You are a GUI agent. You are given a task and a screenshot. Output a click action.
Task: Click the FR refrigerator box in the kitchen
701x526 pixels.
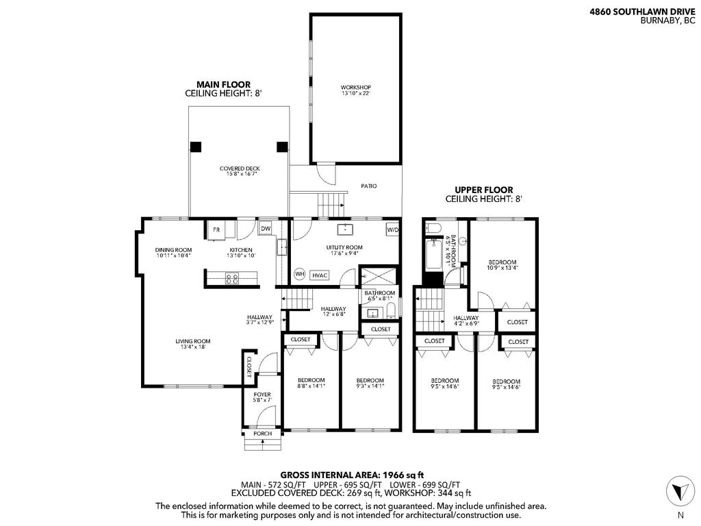pos(216,229)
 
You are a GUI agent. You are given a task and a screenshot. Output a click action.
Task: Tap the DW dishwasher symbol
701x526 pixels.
pos(265,229)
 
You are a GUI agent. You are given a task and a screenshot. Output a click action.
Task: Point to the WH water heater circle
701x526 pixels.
pos(299,274)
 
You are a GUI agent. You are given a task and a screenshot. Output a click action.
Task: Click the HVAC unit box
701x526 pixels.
pos(320,275)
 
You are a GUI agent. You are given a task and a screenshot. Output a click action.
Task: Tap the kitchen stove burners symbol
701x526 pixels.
pos(232,278)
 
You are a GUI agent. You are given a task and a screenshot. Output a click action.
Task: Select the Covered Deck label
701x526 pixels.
pos(239,171)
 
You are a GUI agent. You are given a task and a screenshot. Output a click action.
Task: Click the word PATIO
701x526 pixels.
pos(368,186)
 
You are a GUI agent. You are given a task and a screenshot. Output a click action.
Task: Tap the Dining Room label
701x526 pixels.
pos(173,253)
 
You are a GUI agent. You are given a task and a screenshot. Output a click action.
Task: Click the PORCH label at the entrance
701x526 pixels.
pos(262,434)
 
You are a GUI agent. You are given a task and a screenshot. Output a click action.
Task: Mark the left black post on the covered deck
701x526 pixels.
pos(196,146)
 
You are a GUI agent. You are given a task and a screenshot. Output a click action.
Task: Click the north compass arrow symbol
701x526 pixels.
pos(679,490)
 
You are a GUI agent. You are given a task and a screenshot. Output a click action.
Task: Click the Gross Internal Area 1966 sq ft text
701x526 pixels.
pos(352,474)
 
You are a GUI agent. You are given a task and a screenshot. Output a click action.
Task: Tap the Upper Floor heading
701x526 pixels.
pos(483,190)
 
